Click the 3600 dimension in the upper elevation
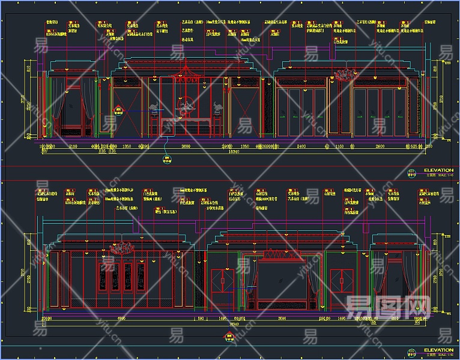pos(186,146)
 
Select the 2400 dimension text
pos(301,146)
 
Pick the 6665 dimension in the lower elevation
pos(121,319)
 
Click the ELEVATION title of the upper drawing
pos(438,170)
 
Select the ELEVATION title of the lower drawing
pos(438,350)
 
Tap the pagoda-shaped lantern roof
pos(187,69)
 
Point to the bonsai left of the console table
pos(155,109)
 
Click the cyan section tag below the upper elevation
pos(167,160)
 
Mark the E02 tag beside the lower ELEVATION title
pos(411,350)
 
